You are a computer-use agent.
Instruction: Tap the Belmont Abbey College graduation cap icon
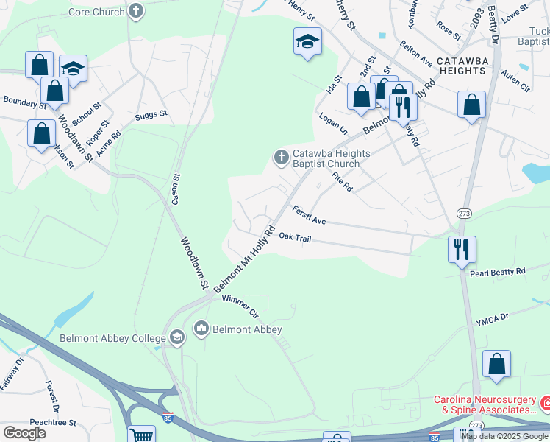[x=176, y=338]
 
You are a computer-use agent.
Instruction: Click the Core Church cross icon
[x=136, y=11]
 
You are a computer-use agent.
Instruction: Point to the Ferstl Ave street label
[x=309, y=215]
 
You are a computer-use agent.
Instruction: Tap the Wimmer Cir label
[x=240, y=304]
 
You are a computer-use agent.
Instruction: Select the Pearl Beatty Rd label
[x=498, y=272]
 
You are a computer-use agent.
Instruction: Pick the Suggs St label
[x=151, y=115]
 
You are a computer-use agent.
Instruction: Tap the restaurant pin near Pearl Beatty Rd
[x=462, y=249]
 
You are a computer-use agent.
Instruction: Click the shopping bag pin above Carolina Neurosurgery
[x=497, y=364]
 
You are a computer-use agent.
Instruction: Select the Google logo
[x=25, y=432]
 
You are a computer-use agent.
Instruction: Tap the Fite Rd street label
[x=343, y=182]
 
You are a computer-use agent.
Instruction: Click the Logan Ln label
[x=333, y=122]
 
